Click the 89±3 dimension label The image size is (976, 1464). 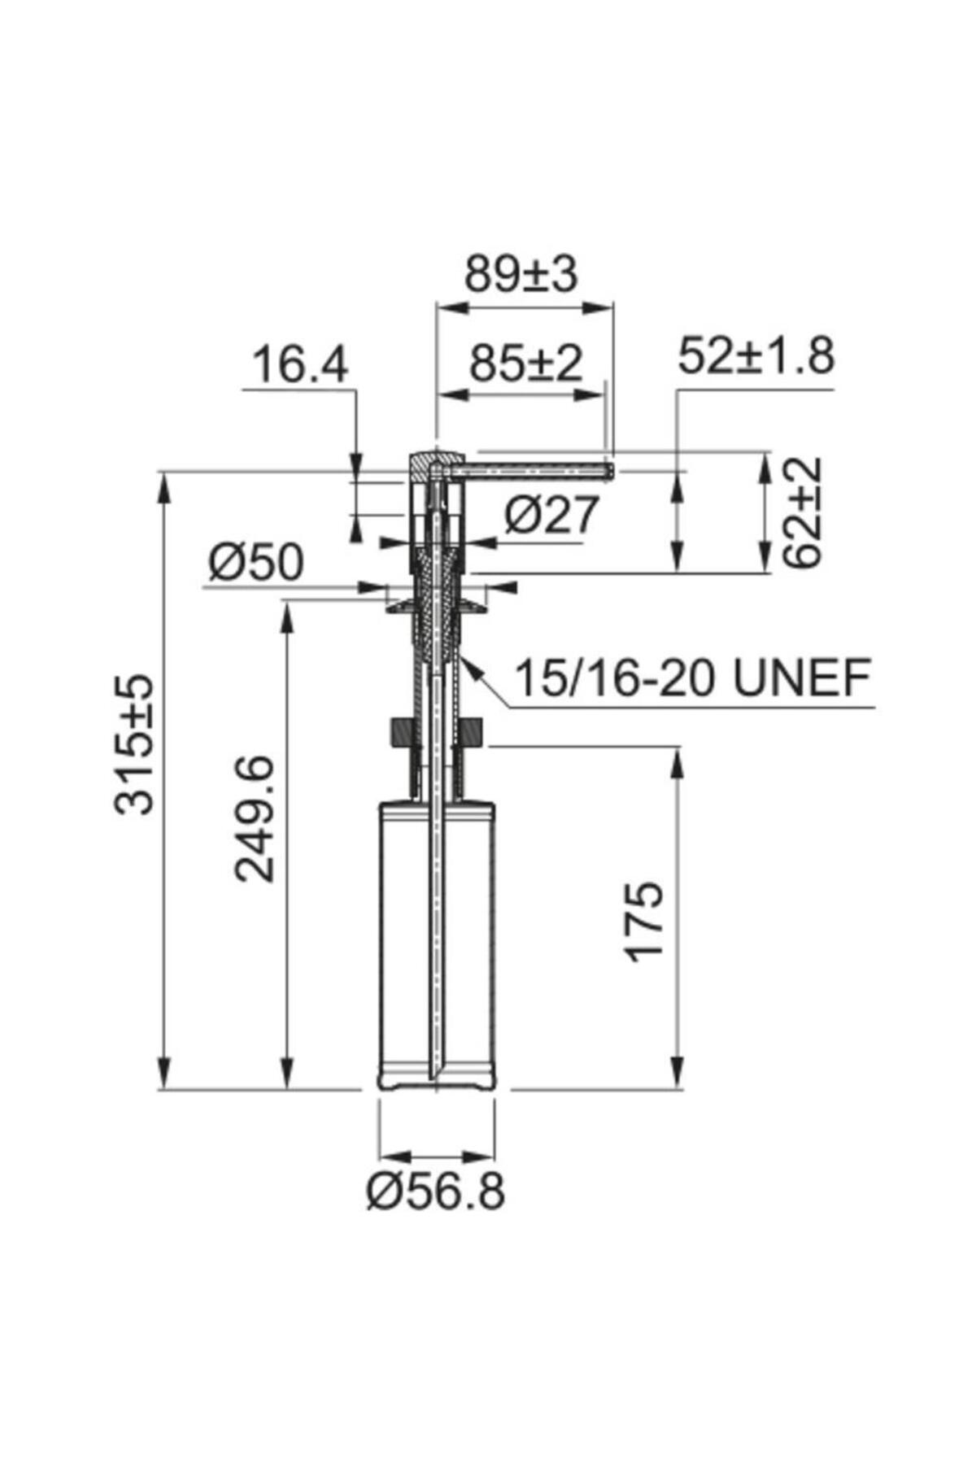tap(521, 275)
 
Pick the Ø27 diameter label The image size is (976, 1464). tap(551, 514)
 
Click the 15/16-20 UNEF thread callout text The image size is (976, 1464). tap(693, 678)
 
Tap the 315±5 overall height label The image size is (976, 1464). tap(133, 743)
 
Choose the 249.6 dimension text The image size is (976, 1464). tap(254, 818)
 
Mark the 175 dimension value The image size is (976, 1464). tap(644, 922)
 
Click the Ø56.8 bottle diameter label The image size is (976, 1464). tap(435, 1192)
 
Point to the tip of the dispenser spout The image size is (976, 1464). tap(610, 470)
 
